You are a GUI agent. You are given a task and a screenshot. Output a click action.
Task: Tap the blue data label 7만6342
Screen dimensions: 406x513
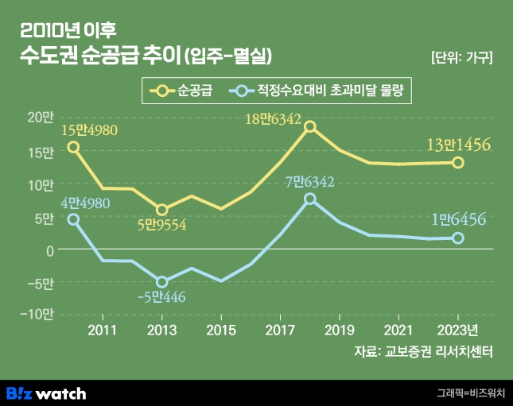[310, 182]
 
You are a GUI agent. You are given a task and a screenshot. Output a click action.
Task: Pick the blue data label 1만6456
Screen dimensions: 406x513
[458, 218]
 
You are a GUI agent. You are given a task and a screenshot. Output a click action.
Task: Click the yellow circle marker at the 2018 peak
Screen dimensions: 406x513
[310, 126]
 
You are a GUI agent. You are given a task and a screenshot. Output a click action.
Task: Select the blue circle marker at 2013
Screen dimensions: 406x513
[162, 282]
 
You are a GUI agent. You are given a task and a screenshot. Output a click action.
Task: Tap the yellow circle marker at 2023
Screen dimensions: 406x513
[458, 162]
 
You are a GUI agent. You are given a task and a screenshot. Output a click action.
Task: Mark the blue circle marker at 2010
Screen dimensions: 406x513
[73, 219]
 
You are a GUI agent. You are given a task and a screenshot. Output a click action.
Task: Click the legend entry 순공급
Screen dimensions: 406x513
[184, 91]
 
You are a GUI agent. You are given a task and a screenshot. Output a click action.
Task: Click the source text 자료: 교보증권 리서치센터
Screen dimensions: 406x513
[424, 352]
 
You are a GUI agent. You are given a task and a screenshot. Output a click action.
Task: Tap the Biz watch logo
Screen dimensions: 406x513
[46, 392]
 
